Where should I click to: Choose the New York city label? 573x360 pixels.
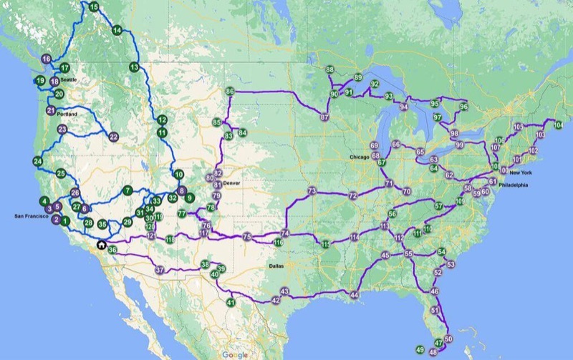point(521,172)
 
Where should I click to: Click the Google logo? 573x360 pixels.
point(234,354)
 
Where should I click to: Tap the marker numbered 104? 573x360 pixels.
point(559,125)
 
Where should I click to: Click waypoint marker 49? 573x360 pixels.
point(420,349)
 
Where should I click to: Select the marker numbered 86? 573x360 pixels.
point(230,92)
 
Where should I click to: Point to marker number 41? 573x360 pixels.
point(231,303)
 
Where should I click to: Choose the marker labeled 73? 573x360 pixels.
point(312,191)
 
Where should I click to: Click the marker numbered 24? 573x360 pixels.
point(37,162)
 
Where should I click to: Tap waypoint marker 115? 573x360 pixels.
point(325,245)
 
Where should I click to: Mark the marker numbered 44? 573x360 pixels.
point(354,295)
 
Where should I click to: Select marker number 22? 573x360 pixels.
point(114,137)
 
